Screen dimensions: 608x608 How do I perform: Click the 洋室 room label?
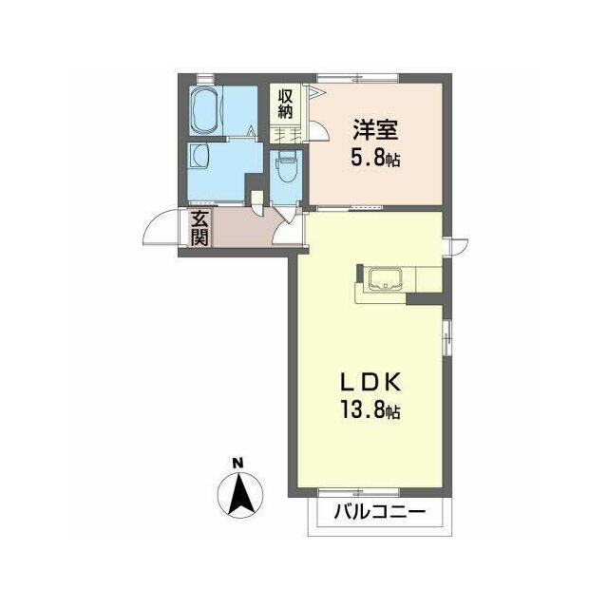pyautogui.click(x=375, y=130)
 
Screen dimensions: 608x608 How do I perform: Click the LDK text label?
pyautogui.click(x=370, y=384)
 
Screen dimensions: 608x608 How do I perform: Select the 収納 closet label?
pyautogui.click(x=285, y=104)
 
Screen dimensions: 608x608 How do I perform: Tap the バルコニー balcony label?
pyautogui.click(x=380, y=513)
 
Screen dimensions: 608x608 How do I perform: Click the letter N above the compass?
pyautogui.click(x=237, y=463)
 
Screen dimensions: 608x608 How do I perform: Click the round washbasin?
pyautogui.click(x=199, y=156)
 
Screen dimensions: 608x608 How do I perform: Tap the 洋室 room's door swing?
pyautogui.click(x=319, y=130)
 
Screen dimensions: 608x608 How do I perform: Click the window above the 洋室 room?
pyautogui.click(x=357, y=79)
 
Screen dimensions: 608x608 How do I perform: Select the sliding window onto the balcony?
pyautogui.click(x=358, y=493)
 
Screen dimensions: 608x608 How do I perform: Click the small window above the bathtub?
pyautogui.click(x=205, y=79)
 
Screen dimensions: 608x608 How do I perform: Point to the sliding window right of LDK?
pyautogui.click(x=447, y=337)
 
